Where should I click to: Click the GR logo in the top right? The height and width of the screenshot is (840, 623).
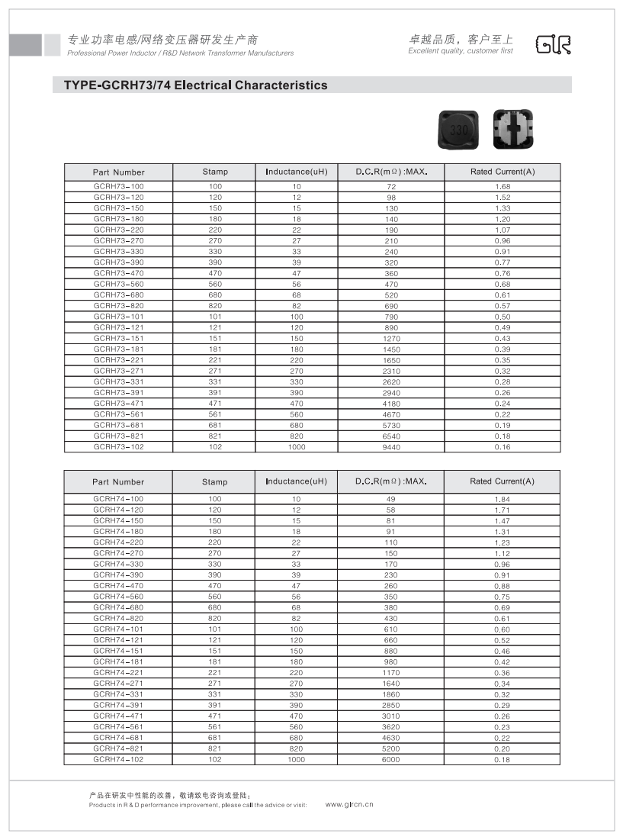pyautogui.click(x=553, y=45)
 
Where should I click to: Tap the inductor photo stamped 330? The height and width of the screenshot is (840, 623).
pyautogui.click(x=458, y=129)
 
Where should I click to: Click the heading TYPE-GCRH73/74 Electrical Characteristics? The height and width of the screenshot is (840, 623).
pyautogui.click(x=191, y=85)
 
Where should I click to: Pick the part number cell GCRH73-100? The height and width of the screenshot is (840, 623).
pyautogui.click(x=118, y=187)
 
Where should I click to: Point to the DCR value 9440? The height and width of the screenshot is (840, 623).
pyautogui.click(x=390, y=447)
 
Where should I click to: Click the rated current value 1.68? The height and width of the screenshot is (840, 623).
pyautogui.click(x=503, y=187)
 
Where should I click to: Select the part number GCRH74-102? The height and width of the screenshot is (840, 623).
pyautogui.click(x=118, y=759)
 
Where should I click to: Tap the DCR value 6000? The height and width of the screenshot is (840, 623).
pyautogui.click(x=390, y=759)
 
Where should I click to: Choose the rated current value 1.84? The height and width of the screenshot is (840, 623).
pyautogui.click(x=503, y=499)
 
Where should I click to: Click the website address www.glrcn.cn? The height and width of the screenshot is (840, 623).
pyautogui.click(x=349, y=804)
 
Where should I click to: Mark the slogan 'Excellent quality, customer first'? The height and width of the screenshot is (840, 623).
pyautogui.click(x=461, y=51)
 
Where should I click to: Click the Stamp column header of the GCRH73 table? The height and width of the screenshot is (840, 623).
pyautogui.click(x=215, y=172)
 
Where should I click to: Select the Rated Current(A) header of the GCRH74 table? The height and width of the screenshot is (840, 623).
pyautogui.click(x=503, y=481)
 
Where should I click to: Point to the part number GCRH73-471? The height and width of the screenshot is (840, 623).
pyautogui.click(x=118, y=404)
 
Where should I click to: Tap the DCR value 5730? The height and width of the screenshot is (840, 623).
pyautogui.click(x=390, y=425)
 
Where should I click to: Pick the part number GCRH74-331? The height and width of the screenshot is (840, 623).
pyautogui.click(x=118, y=694)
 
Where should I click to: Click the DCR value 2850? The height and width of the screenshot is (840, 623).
pyautogui.click(x=390, y=705)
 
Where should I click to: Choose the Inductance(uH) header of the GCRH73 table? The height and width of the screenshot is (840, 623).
pyautogui.click(x=296, y=172)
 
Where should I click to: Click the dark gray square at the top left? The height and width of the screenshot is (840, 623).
pyautogui.click(x=25, y=45)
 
